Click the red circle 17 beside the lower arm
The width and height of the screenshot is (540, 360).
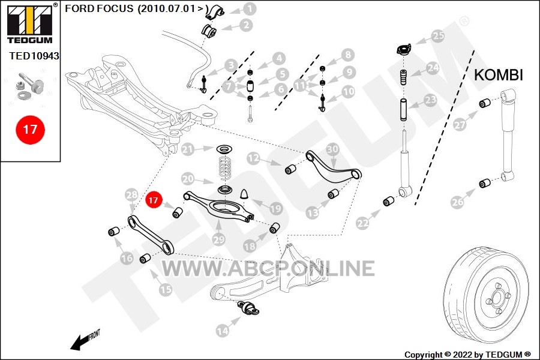click(x=153, y=200)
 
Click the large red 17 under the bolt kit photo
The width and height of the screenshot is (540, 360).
click(x=31, y=130)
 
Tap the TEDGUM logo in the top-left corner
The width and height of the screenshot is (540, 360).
click(x=31, y=23)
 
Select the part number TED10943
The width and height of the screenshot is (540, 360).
click(x=34, y=56)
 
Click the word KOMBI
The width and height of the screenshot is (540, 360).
click(x=499, y=75)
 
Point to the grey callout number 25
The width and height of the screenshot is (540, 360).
click(x=438, y=36)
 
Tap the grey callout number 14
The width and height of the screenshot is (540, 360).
click(x=223, y=331)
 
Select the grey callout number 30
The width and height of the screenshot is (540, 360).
click(x=332, y=149)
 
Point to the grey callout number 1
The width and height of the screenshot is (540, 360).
click(x=250, y=9)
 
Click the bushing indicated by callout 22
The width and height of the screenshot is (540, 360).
click(x=388, y=202)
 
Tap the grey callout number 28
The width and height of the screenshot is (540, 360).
click(x=131, y=195)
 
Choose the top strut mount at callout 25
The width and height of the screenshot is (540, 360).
click(x=403, y=49)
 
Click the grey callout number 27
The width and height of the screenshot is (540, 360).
click(x=460, y=124)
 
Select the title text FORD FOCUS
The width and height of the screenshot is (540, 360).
click(x=99, y=8)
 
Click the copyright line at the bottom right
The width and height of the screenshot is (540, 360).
click(x=467, y=355)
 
